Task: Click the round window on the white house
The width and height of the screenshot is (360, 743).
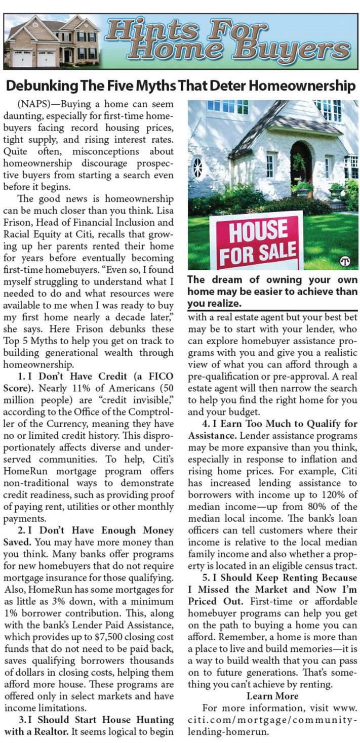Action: coord(197,168)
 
